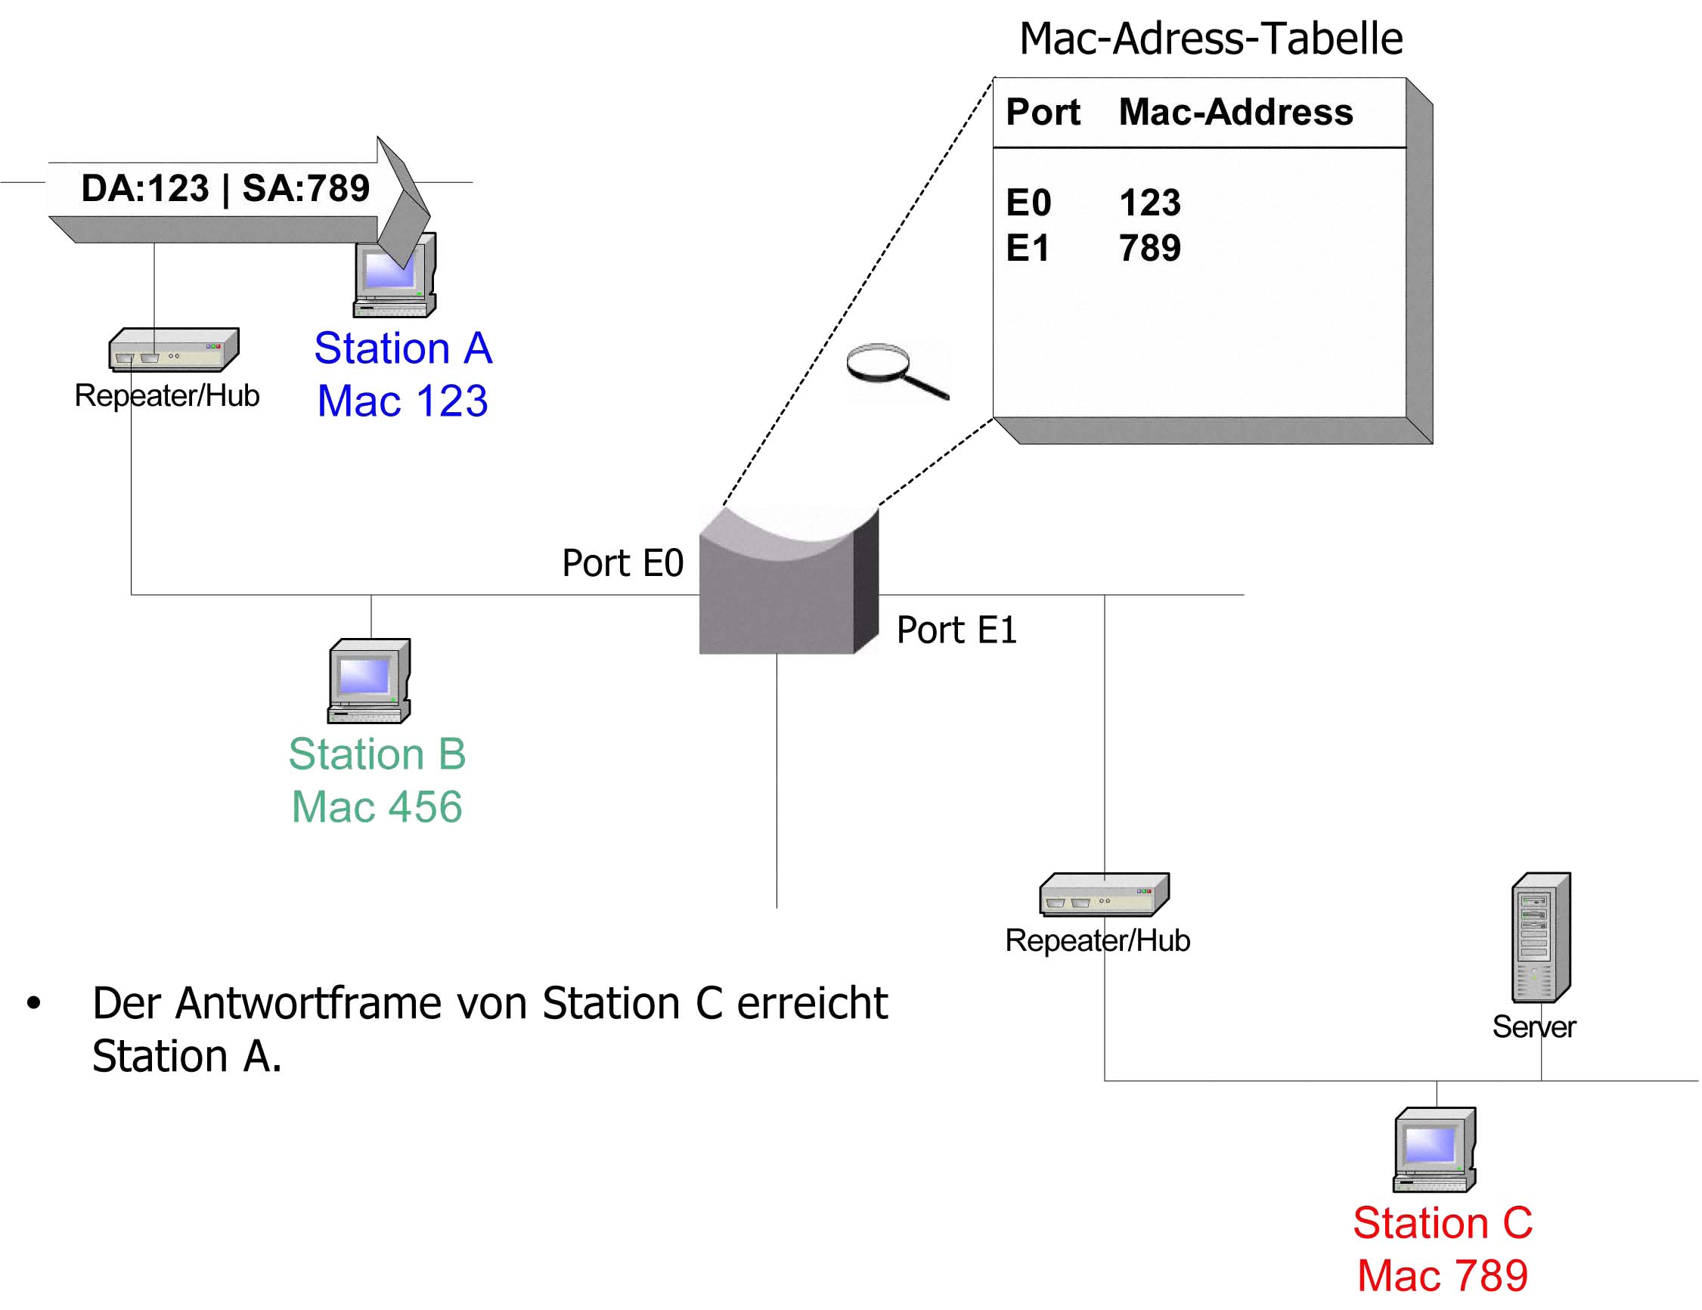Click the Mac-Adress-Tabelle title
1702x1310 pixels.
pos(1211,39)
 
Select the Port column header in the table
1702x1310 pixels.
pos(1043,111)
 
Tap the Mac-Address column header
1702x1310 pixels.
pos(1236,111)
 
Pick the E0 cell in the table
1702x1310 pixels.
pos(1028,203)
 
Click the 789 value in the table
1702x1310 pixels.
pos(1150,248)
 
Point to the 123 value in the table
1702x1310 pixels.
pos(1150,203)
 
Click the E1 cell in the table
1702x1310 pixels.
pos(1028,248)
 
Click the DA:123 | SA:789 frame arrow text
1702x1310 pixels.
pos(225,187)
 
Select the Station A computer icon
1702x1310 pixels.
pos(395,275)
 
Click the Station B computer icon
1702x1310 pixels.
pos(369,681)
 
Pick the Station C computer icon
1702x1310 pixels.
pos(1434,1150)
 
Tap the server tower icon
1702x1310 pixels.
pos(1541,937)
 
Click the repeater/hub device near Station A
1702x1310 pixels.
pos(174,349)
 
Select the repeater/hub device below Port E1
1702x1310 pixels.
pos(1104,893)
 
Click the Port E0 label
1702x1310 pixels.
pos(623,562)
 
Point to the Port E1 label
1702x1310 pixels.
pos(957,630)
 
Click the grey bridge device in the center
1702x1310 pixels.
pos(789,580)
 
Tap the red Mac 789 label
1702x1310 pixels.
pos(1443,1276)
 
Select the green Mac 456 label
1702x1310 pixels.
pos(377,807)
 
